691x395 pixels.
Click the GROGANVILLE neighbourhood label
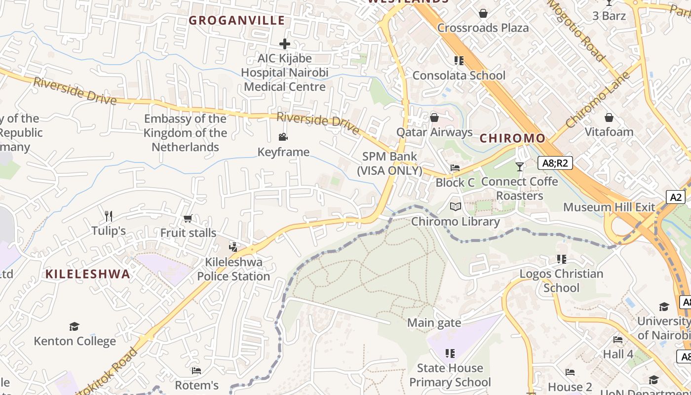coord(237,20)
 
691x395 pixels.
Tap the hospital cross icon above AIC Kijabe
coord(285,44)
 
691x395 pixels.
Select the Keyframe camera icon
coord(283,137)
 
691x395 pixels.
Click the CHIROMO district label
coord(512,138)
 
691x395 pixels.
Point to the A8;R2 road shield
coord(555,163)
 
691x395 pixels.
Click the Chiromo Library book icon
coord(456,207)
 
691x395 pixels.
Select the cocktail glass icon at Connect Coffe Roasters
coord(519,167)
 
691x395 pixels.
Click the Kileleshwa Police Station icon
coord(233,247)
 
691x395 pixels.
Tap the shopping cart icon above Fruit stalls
coord(188,218)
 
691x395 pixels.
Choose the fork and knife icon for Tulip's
coord(109,216)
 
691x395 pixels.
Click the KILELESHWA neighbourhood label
coord(88,275)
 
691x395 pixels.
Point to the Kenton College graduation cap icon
coord(74,326)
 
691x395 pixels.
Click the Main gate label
coord(434,323)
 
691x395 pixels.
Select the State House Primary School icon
coord(450,353)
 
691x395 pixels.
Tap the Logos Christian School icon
coord(561,259)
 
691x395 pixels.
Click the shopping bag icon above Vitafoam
coord(609,118)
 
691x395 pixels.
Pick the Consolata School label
coord(459,76)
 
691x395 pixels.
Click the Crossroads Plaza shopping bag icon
coord(483,13)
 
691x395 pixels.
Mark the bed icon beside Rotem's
coord(196,370)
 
